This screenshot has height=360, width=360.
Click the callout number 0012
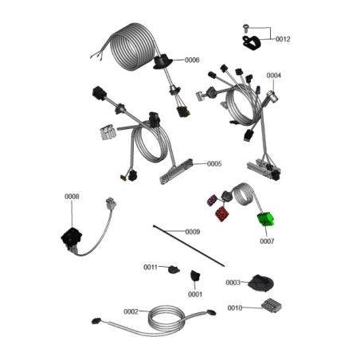[x=283, y=39]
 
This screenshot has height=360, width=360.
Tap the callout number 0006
[x=192, y=61]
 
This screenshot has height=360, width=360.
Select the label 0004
[x=273, y=76]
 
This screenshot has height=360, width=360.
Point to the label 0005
[x=214, y=164]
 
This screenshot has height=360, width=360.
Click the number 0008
[x=72, y=197]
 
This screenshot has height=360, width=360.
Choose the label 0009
[x=193, y=232]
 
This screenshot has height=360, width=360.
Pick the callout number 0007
[x=267, y=241]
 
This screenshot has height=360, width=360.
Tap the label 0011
[x=151, y=267]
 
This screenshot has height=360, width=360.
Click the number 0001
[x=195, y=294]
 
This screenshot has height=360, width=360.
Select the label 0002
[x=131, y=311]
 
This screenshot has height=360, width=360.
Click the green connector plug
[x=265, y=220]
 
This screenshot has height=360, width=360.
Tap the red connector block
[x=222, y=214]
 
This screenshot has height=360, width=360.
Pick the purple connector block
[x=212, y=200]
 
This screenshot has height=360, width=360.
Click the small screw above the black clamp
[x=245, y=27]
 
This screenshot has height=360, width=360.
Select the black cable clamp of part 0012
[x=252, y=43]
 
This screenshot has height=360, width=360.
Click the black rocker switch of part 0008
[x=71, y=237]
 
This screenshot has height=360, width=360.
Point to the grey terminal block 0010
[x=272, y=305]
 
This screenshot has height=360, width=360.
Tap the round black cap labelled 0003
[x=260, y=284]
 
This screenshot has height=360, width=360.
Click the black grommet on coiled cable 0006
[x=162, y=61]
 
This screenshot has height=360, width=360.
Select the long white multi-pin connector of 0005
[x=176, y=172]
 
